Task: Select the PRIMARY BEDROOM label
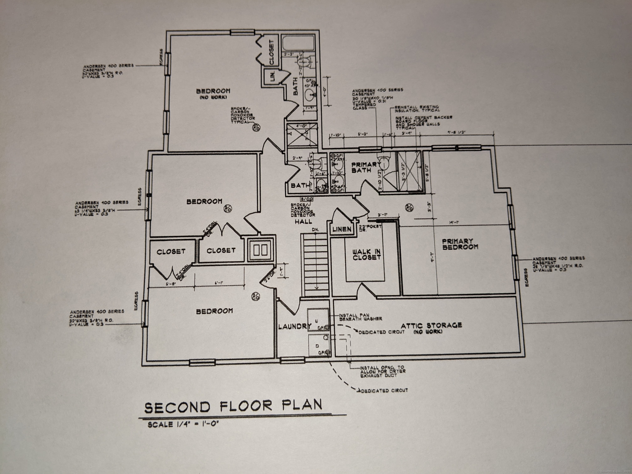click(x=460, y=244)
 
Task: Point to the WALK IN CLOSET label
click(x=367, y=254)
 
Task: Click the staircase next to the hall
click(x=315, y=264)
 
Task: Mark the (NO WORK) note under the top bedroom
click(x=213, y=98)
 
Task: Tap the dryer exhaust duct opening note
click(x=382, y=371)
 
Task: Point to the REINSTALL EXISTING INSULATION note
click(x=417, y=109)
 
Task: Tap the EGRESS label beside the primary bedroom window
click(x=526, y=277)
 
